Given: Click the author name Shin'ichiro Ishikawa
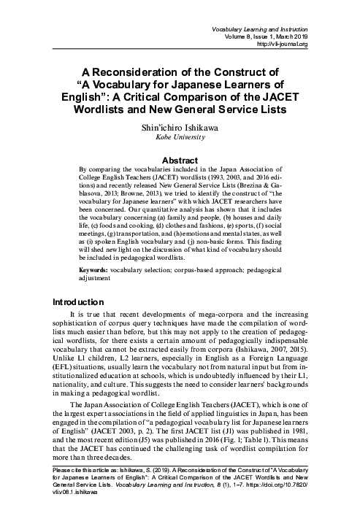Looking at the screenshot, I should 179,126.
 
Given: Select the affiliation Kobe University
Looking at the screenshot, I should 180,136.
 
